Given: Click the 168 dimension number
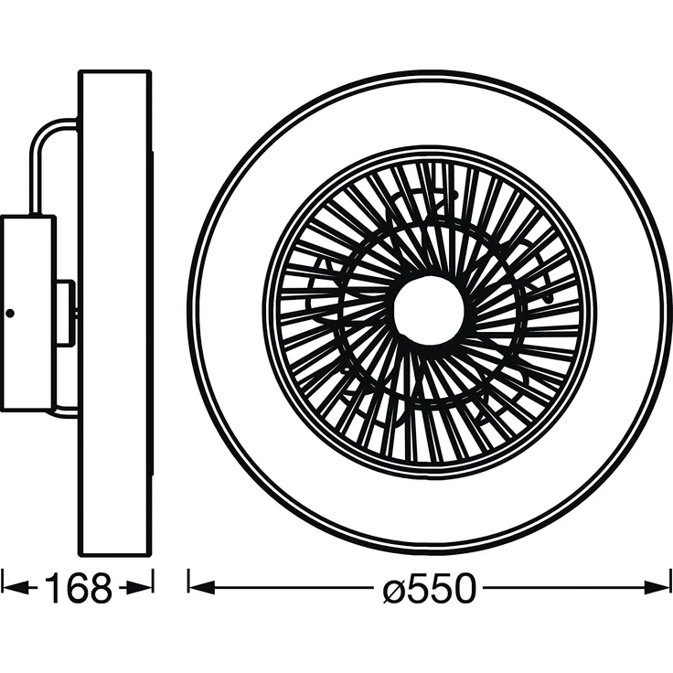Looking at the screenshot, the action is pos(78,588).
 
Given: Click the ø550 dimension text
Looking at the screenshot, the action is pos(430,588).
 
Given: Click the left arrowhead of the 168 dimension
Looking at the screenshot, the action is pos(14,588).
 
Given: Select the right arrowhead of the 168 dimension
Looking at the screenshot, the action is pos(139,588).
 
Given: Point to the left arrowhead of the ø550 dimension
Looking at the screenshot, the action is pos(201,588).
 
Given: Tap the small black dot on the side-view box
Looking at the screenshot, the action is pos(10,314).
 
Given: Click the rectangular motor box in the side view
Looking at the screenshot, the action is pos(28,314).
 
